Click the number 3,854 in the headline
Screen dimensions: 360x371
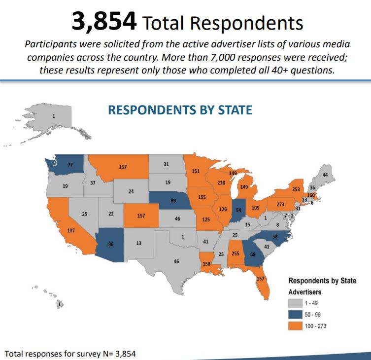coord(103,21)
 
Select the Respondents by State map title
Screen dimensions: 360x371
coord(180,109)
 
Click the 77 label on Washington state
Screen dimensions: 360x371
coord(70,165)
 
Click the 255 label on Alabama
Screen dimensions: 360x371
coord(236,254)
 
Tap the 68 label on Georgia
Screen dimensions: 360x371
coord(253,254)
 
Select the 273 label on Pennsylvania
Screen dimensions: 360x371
coord(281,204)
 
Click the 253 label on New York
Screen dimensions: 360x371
coord(296,189)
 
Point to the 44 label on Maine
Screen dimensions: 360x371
coord(325,175)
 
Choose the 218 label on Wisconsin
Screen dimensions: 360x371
coord(222,183)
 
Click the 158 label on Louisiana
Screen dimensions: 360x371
coord(206,264)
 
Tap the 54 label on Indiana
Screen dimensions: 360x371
coord(239,210)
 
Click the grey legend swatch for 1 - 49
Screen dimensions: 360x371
coord(295,302)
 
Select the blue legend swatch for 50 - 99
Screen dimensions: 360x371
coord(295,314)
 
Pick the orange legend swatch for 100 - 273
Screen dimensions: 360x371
coord(295,325)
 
